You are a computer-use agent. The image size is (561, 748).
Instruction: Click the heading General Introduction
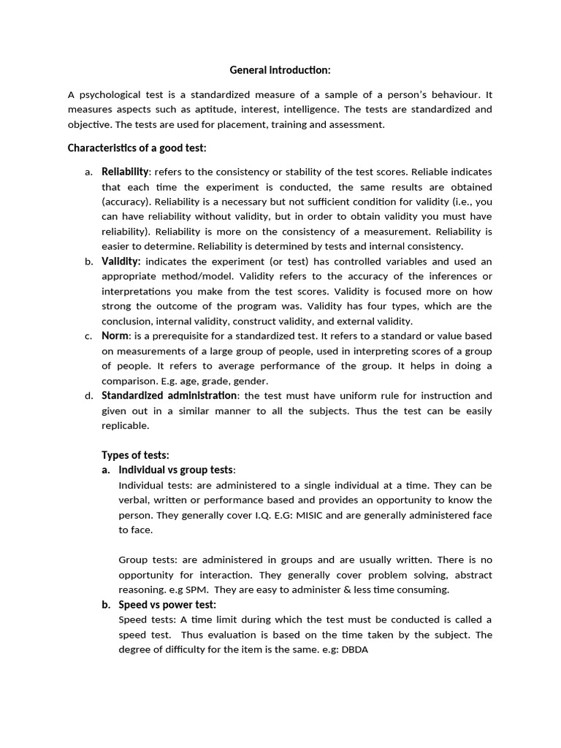click(x=280, y=70)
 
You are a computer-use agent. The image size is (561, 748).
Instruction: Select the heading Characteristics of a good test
click(x=137, y=148)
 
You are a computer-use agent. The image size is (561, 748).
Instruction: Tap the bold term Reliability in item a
click(x=125, y=172)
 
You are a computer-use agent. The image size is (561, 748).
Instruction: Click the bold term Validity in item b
click(x=121, y=261)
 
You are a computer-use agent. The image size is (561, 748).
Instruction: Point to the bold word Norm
click(x=115, y=336)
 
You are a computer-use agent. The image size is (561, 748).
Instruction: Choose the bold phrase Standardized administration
click(x=169, y=395)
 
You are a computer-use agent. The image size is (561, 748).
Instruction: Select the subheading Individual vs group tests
click(x=177, y=470)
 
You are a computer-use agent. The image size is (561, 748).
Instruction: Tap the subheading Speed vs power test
click(x=167, y=605)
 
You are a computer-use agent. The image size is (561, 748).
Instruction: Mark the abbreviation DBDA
click(x=355, y=650)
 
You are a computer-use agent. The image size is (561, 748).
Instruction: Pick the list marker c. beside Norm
click(x=88, y=336)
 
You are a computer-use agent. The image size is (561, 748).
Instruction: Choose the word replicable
click(x=125, y=425)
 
